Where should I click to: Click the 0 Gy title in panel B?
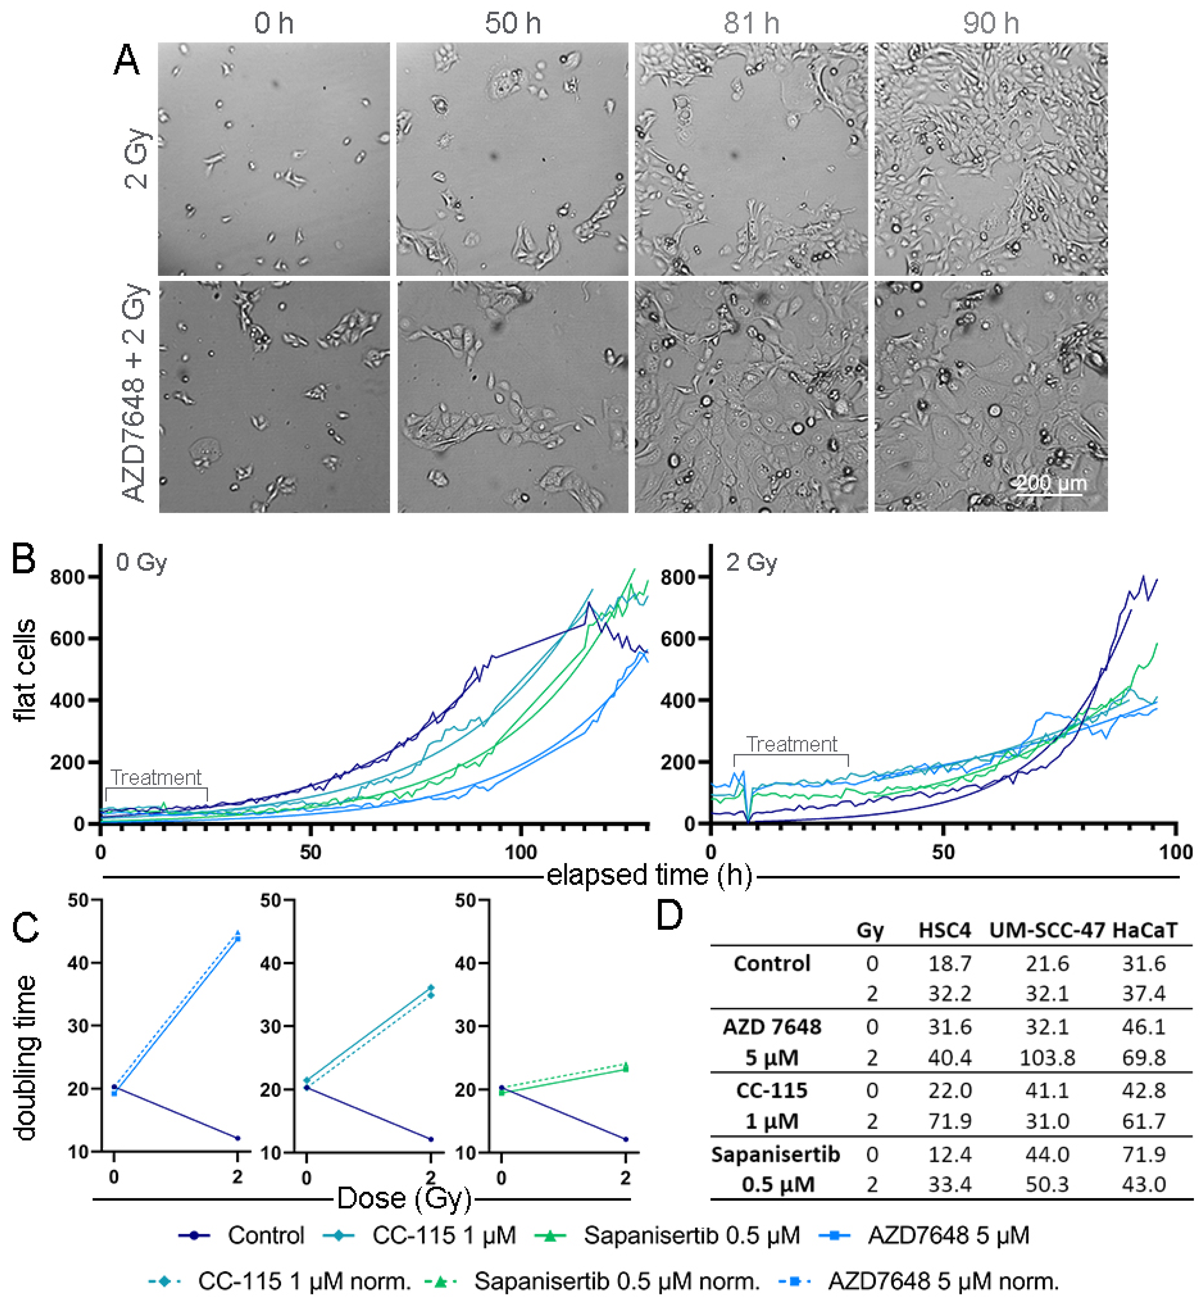[141, 562]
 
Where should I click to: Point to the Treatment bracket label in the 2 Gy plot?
[791, 744]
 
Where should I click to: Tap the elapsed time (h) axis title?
[649, 875]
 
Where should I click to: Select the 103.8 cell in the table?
[1047, 1058]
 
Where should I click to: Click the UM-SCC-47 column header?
[1047, 931]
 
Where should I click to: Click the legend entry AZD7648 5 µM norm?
[943, 1281]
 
